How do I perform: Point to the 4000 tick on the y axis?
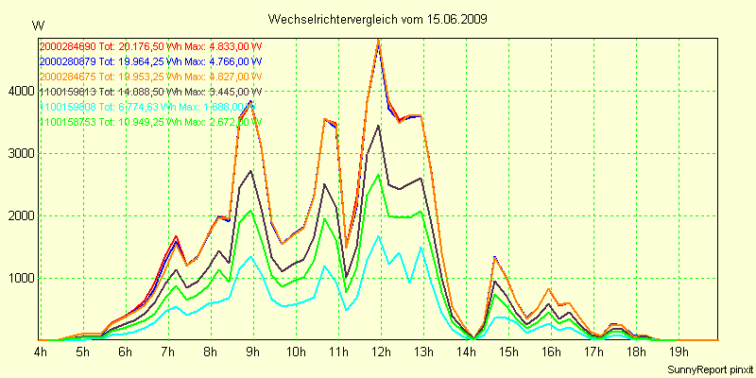click(19, 91)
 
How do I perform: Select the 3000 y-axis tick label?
click(19, 153)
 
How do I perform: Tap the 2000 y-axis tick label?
click(19, 215)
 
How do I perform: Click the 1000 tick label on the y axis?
click(19, 278)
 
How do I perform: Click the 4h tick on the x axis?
click(41, 353)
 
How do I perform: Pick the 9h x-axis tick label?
click(252, 353)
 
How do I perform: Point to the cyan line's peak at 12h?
click(379, 235)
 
